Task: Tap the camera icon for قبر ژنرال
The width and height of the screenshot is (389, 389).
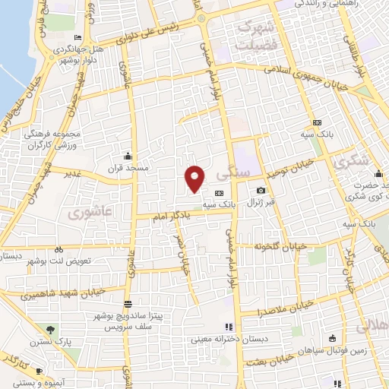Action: pos(261,190)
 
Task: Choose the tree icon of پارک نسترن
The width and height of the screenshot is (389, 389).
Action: pos(50,330)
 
